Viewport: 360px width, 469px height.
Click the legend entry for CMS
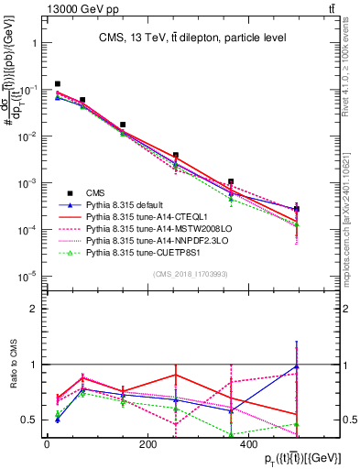pos(95,192)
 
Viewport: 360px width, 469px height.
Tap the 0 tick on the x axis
pos(47,443)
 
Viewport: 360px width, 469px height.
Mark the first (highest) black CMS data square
pos(58,83)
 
